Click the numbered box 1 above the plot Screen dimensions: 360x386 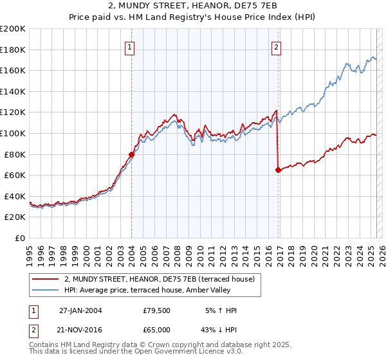pyautogui.click(x=130, y=47)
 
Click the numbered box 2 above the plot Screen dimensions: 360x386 pyautogui.click(x=276, y=47)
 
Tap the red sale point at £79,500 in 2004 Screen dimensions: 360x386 pyautogui.click(x=131, y=154)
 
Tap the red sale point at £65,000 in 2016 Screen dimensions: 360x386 pyautogui.click(x=278, y=170)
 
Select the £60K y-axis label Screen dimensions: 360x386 pyautogui.click(x=15, y=175)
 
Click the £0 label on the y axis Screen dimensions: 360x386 pyautogui.click(x=19, y=238)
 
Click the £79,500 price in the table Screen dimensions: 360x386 pyautogui.click(x=157, y=310)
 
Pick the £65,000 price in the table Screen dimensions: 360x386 pyautogui.click(x=157, y=329)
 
